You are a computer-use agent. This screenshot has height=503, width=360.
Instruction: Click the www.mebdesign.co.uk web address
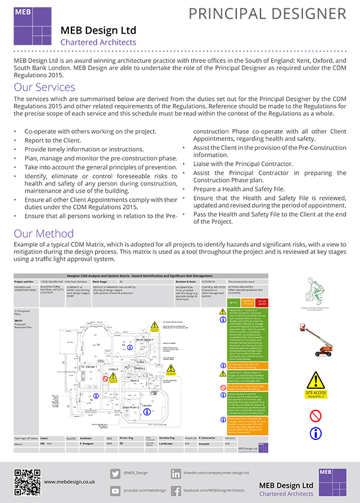click(70, 481)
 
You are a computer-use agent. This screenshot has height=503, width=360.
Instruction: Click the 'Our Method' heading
click(43, 233)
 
